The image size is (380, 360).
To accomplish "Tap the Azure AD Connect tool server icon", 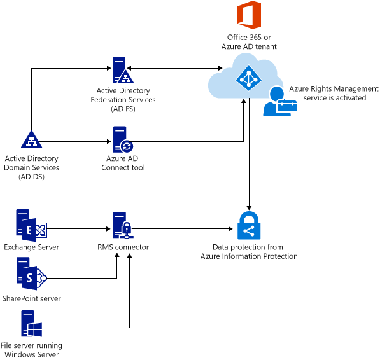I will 122,139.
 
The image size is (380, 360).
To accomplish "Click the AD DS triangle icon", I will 31,139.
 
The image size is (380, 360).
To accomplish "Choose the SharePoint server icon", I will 31,274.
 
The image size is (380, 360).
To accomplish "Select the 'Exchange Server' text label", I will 31,247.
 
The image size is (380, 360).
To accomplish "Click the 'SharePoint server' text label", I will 31,298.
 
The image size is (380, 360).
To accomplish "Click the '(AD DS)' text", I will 31,176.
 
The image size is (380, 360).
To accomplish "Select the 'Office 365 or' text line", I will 248,38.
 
